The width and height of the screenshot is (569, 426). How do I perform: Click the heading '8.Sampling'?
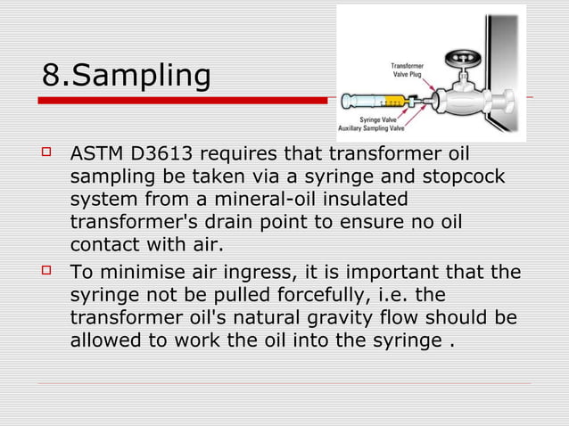point(126,75)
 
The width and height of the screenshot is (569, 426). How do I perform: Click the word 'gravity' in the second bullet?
point(348,318)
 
